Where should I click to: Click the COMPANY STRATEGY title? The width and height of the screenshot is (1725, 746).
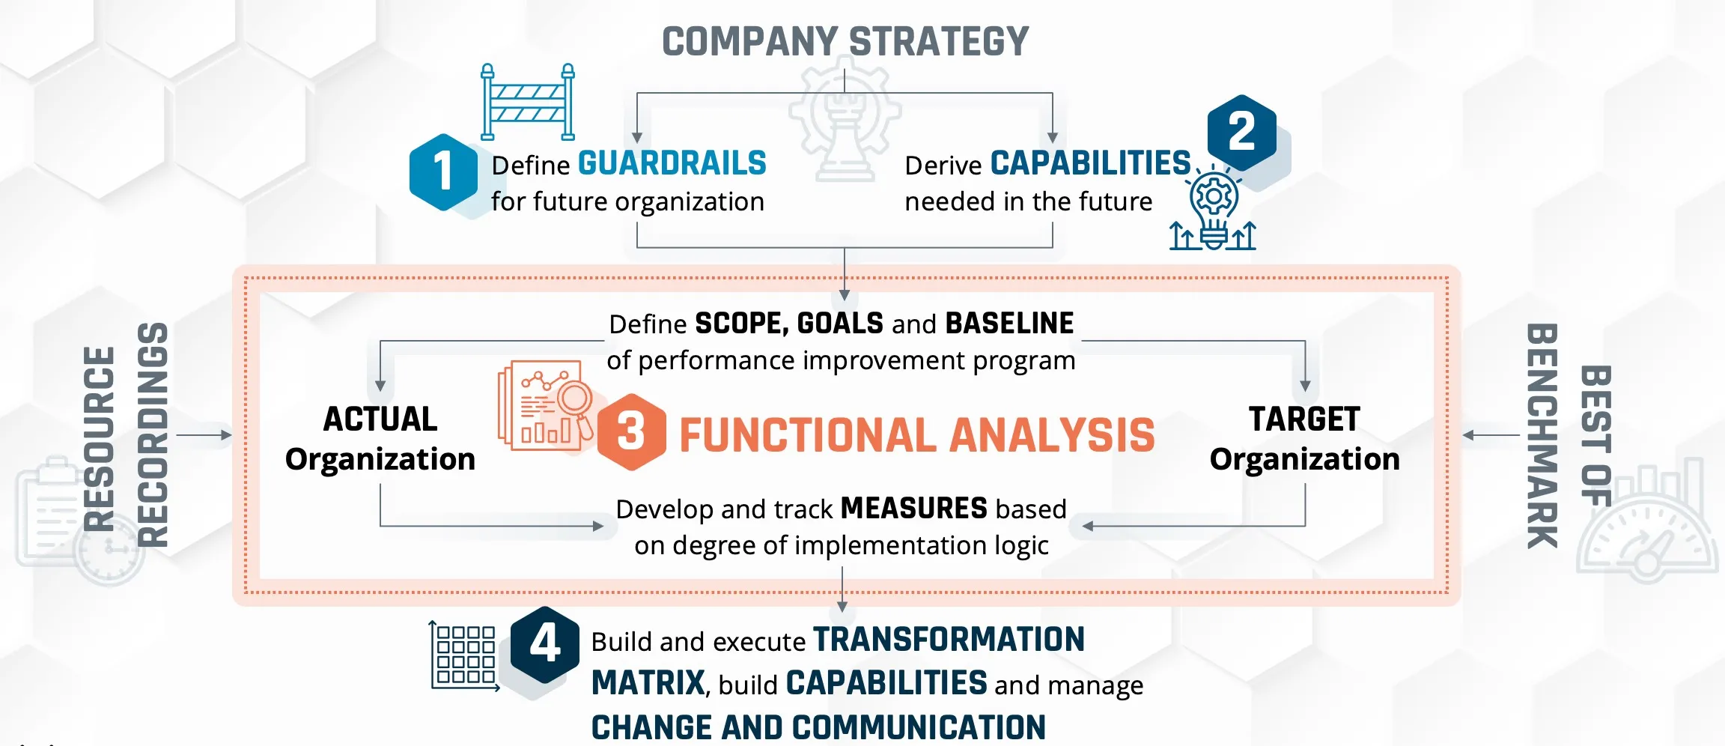coord(845,42)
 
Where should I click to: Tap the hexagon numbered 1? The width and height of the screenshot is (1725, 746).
coord(443,172)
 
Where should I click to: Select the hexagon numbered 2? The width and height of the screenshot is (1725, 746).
coord(1241,133)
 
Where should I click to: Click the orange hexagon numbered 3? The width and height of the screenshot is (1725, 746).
coord(631,432)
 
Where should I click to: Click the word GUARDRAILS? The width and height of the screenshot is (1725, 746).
coord(672,163)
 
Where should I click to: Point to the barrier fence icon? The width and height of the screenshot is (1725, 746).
coord(528,102)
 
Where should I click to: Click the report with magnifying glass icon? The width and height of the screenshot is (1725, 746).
coord(546,405)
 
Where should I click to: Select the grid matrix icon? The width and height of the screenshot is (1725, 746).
coord(464,656)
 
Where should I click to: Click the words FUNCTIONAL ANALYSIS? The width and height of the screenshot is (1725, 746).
coord(917,435)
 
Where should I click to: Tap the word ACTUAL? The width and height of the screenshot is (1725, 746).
coord(380,419)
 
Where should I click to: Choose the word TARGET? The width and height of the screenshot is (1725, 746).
coord(1304,419)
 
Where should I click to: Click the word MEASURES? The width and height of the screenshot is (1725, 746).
coord(914,508)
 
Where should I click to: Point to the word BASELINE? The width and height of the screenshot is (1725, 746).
coord(1009,323)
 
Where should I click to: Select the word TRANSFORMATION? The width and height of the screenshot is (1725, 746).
coord(949,640)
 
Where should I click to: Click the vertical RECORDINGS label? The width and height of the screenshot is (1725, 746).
coord(153,434)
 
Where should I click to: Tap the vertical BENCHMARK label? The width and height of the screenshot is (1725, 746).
coord(1542,436)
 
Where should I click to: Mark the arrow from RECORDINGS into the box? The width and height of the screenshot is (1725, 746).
coord(204,434)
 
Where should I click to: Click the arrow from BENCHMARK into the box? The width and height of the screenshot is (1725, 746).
coord(1491,435)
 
